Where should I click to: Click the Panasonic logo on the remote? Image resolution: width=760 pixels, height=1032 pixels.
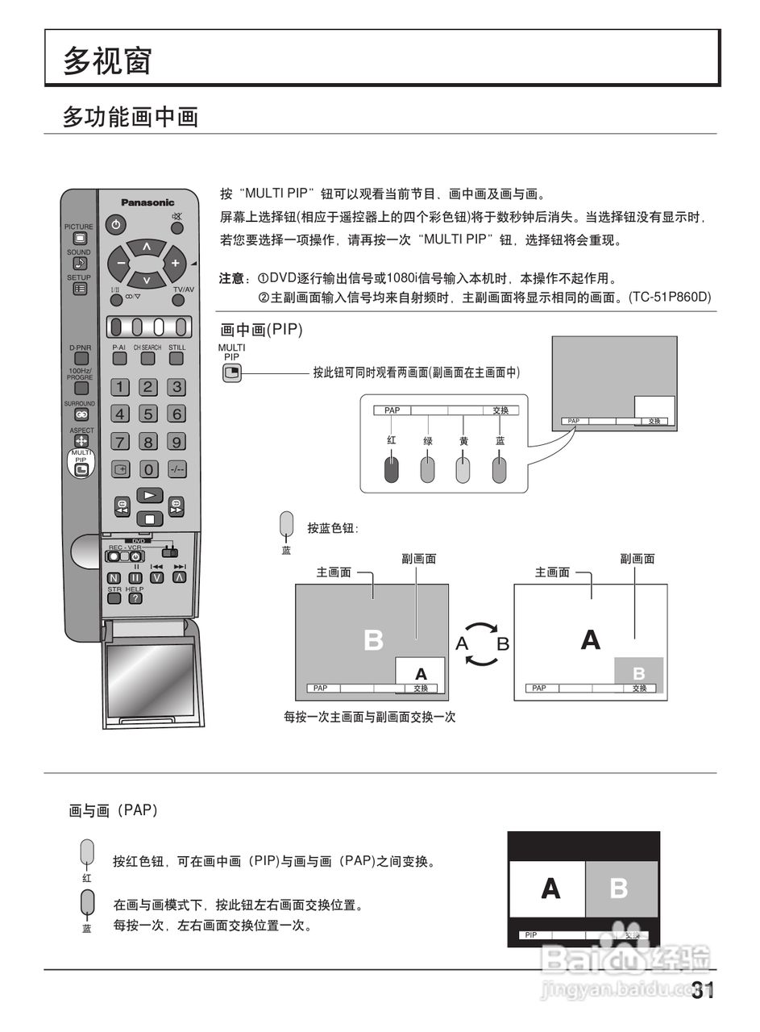pos(147,202)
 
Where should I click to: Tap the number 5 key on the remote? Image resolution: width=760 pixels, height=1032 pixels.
pos(148,414)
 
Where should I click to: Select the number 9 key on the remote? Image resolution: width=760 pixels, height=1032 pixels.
pos(176,442)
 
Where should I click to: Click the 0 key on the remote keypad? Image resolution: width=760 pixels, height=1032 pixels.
pos(148,469)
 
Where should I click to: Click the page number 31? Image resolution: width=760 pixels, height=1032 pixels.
pos(703,990)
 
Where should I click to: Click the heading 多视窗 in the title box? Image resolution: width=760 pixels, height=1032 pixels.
pos(108,60)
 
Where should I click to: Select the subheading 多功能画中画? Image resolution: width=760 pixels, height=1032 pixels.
pos(131,117)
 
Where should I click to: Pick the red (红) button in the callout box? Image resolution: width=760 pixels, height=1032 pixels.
pos(391,468)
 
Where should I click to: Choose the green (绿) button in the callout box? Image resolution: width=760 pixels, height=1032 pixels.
pos(427,468)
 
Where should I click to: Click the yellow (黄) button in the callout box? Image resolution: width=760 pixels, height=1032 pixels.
pos(463,468)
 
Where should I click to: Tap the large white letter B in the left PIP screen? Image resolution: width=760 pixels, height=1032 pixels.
pos(373,640)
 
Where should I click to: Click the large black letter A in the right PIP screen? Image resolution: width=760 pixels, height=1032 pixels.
pos(591,640)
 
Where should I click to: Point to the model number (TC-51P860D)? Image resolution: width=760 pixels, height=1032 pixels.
pos(670,298)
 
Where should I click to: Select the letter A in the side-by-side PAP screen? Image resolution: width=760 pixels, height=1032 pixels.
pos(550,888)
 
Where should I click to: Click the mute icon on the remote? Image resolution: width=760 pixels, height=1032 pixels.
pos(177,218)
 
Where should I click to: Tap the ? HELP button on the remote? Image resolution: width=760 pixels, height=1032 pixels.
pos(135,598)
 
